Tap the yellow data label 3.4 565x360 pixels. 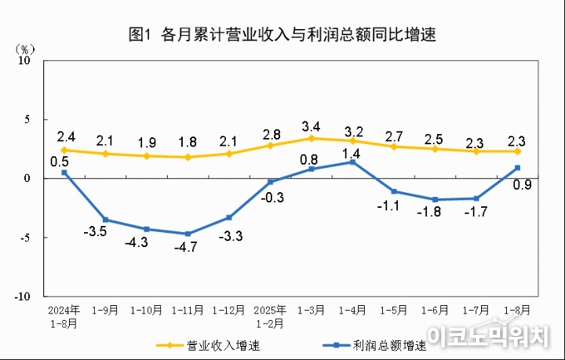(x=312, y=126)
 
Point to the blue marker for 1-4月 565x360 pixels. (x=353, y=162)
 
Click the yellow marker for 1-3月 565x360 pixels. (x=312, y=138)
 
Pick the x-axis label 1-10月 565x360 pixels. (x=146, y=310)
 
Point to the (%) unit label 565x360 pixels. (x=25, y=48)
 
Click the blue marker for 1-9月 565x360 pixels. (x=106, y=219)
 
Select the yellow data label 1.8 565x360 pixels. (x=188, y=141)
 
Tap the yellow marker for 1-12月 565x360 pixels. (x=229, y=154)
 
